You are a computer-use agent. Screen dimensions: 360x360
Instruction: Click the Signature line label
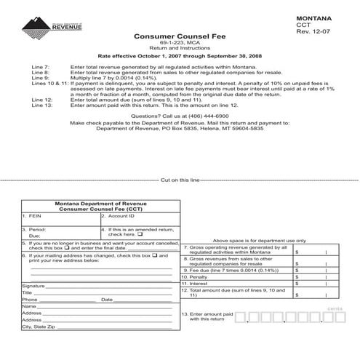(x=34, y=286)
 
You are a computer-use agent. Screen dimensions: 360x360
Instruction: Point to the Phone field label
(x=30, y=300)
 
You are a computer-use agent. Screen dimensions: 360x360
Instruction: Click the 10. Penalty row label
(x=195, y=277)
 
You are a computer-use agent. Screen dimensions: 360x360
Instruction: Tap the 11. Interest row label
(x=195, y=284)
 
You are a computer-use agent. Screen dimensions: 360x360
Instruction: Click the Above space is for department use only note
(x=259, y=240)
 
